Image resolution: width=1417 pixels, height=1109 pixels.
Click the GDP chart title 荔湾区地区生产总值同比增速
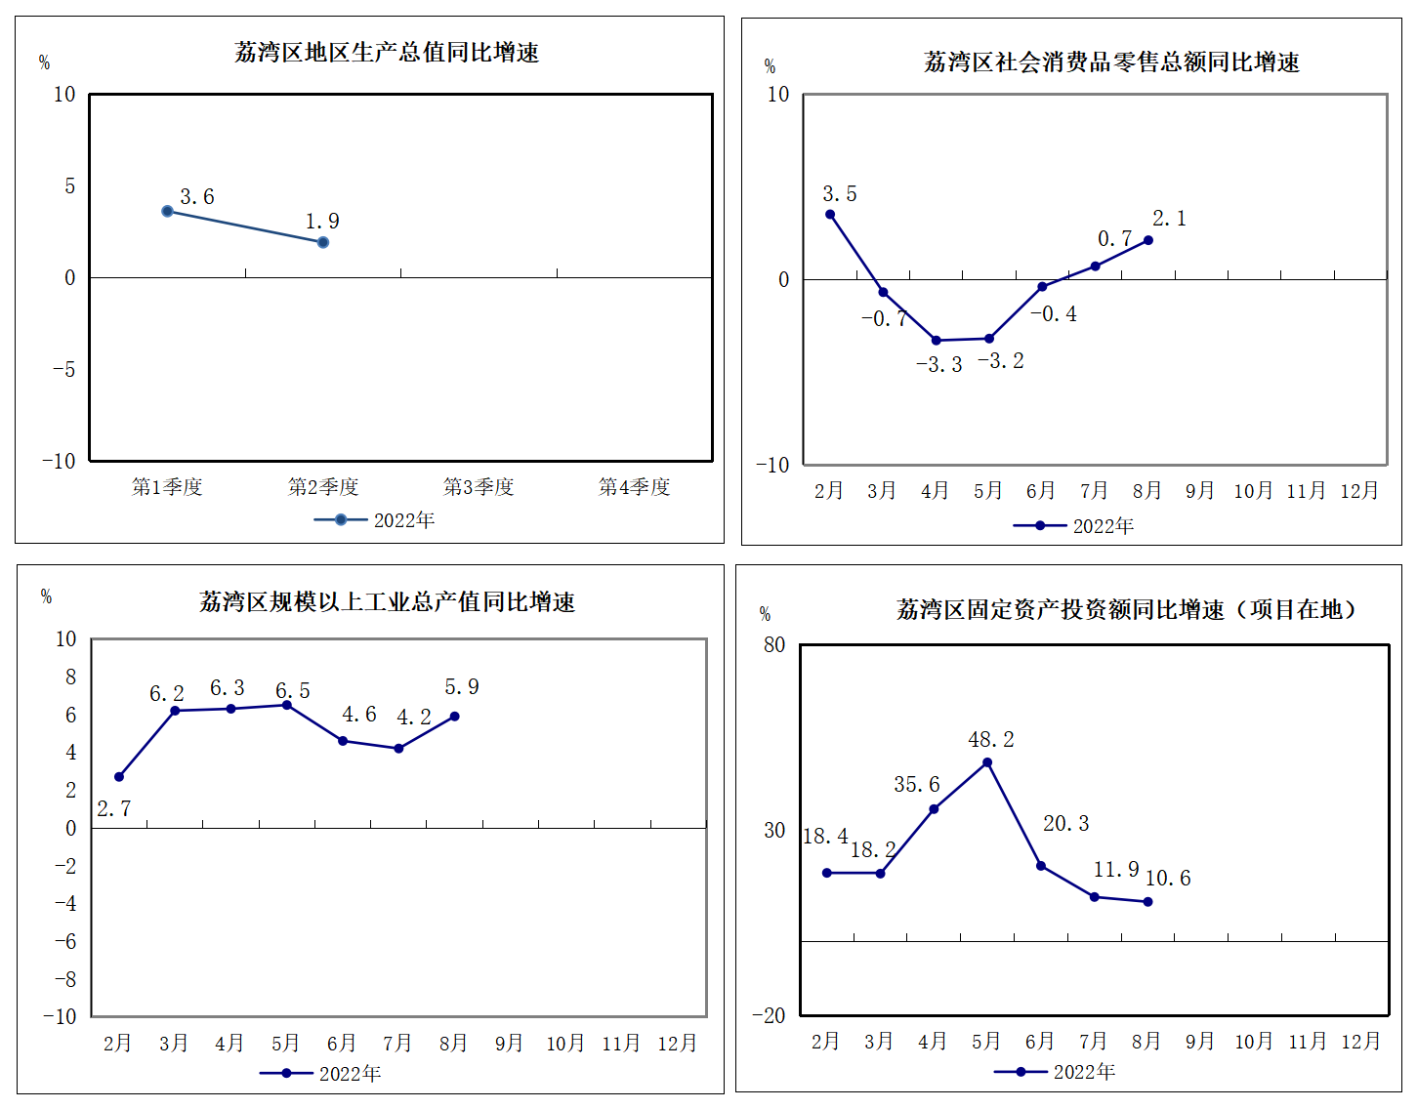coord(387,53)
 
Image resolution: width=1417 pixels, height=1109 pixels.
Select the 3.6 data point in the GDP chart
coord(167,211)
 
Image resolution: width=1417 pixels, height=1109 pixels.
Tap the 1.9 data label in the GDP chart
coord(322,222)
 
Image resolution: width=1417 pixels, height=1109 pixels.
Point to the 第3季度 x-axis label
coord(479,487)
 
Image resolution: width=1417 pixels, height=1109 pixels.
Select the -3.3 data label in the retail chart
coord(938,365)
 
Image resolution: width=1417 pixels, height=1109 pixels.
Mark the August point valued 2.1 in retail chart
coord(1147,240)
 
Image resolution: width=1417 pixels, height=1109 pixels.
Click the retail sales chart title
coord(1111,62)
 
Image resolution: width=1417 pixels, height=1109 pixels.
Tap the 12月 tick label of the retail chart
coord(1358,491)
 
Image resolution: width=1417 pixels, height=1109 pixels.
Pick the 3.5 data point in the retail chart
coord(830,215)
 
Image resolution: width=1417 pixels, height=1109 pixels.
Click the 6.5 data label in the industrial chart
coord(292,691)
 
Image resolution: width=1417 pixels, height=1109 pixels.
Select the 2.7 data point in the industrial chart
coord(119,777)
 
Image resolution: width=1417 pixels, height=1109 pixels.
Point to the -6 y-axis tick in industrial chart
coord(64,942)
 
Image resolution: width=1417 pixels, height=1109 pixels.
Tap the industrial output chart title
coord(387,602)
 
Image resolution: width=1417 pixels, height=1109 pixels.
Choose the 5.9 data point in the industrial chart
coord(454,717)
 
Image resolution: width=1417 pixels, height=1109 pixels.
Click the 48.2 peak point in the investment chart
coord(987,762)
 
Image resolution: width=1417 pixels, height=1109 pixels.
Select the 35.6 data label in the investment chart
coord(916,785)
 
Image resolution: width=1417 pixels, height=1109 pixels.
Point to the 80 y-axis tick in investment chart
coord(773,645)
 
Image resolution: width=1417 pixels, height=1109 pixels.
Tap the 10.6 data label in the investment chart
coord(1168,879)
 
